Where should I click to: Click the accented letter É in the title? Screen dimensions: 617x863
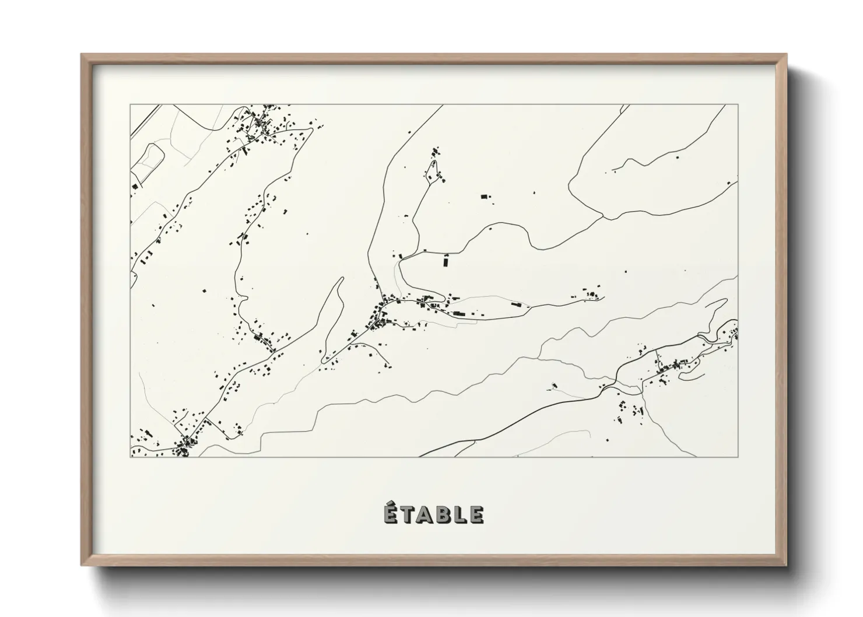(x=392, y=514)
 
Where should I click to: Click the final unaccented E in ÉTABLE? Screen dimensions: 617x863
(x=476, y=515)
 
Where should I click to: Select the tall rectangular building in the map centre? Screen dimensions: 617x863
(x=447, y=261)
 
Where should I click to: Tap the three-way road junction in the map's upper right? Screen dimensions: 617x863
(x=602, y=218)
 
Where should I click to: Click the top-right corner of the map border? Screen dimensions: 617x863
(x=738, y=104)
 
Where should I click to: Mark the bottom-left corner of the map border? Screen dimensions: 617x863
(x=131, y=457)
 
